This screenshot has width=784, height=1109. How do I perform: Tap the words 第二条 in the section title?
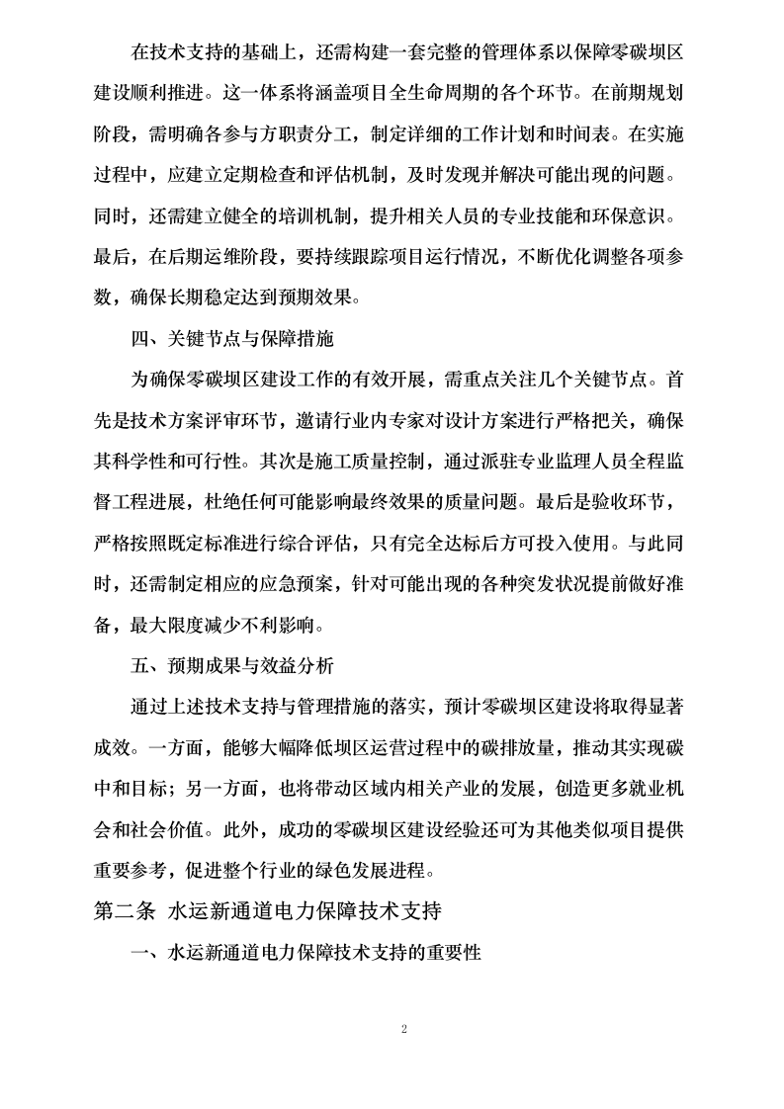pyautogui.click(x=125, y=910)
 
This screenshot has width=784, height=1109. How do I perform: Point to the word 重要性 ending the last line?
pyautogui.click(x=455, y=954)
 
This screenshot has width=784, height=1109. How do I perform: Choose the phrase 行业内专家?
pyautogui.click(x=384, y=419)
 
